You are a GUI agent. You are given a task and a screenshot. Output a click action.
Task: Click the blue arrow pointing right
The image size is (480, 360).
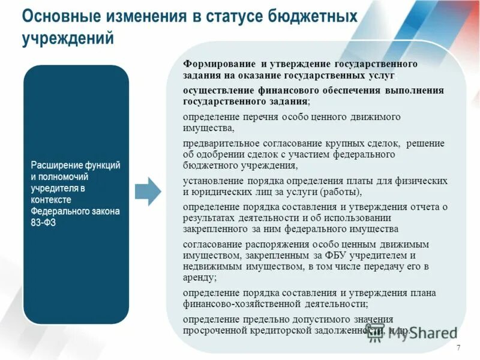tap(148, 191)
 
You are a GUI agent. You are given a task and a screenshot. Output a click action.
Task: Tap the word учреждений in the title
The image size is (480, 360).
tap(68, 38)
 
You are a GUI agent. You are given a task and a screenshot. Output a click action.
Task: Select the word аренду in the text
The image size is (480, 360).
tap(199, 278)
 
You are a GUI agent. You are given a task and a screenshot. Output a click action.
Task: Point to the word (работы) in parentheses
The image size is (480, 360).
tap(340, 192)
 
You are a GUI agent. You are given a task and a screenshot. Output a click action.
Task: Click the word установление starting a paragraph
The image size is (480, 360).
tap(209, 181)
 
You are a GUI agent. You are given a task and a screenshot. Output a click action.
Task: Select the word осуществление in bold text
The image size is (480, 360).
tap(215, 90)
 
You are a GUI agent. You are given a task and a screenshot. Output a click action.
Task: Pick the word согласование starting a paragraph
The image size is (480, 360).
tap(208, 244)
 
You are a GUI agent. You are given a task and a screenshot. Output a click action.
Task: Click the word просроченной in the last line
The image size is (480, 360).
tap(212, 331)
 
